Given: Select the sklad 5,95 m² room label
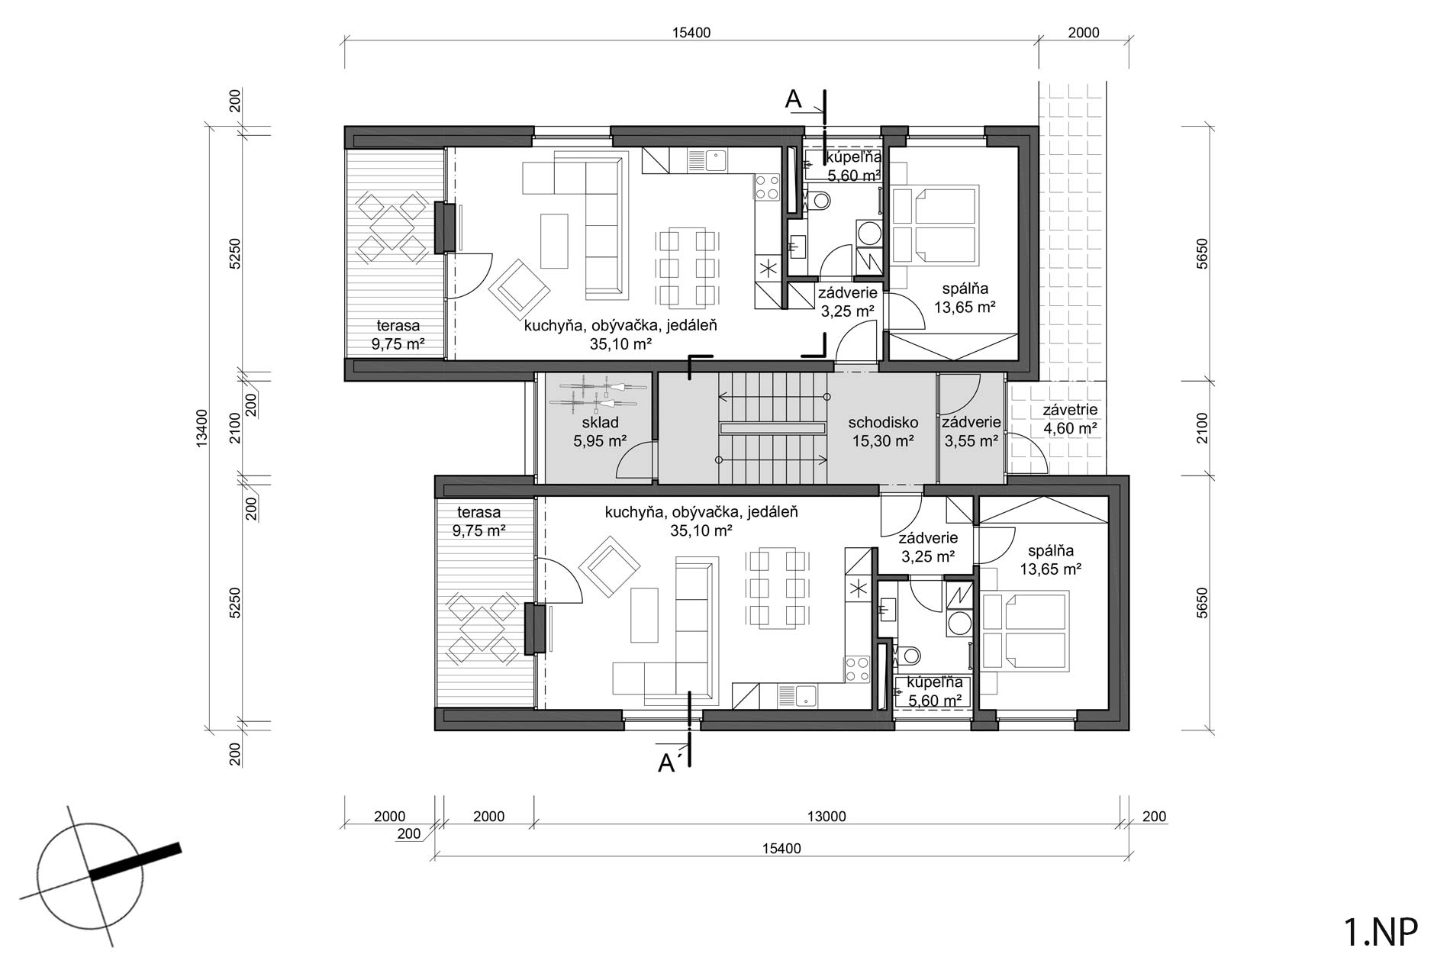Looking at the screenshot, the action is (x=600, y=431).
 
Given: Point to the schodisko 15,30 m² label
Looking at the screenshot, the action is (x=883, y=431).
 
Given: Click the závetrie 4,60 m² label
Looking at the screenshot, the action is (x=1070, y=420).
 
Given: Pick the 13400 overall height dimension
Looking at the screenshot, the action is (x=201, y=428).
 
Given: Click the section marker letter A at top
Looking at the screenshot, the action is (x=794, y=99).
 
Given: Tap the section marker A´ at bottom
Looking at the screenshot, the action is (x=668, y=763).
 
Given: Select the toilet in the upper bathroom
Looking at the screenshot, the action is (x=817, y=201).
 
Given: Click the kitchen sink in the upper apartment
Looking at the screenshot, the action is (x=707, y=160).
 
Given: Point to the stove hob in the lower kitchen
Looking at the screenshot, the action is (x=857, y=669).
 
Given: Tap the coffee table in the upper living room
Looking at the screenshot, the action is (x=554, y=240).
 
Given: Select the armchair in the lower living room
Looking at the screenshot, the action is (x=609, y=567).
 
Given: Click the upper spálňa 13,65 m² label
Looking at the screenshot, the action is (x=965, y=298).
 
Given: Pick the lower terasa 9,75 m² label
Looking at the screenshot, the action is (x=478, y=521).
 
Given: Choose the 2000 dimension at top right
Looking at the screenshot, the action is (x=1084, y=32).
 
